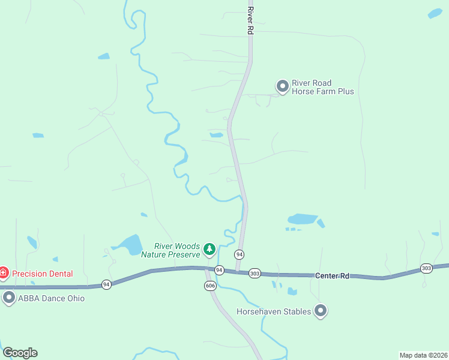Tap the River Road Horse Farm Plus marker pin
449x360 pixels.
(x=282, y=87)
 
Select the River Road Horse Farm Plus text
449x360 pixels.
(x=322, y=88)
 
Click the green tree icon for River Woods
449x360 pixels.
(x=209, y=248)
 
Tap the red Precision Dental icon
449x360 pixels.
(x=4, y=274)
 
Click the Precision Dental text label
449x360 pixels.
(x=43, y=274)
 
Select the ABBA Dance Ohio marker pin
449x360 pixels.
(x=8, y=298)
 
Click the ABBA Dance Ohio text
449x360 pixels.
(x=52, y=298)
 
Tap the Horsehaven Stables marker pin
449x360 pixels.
(x=321, y=311)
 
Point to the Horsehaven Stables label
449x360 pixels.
(x=274, y=311)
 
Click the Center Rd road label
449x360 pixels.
(x=332, y=276)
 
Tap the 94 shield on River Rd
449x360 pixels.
(x=240, y=254)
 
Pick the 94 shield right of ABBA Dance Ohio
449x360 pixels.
(x=106, y=284)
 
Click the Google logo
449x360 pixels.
(x=20, y=353)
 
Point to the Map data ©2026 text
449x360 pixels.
(x=424, y=355)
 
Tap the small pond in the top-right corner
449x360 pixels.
(x=435, y=13)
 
